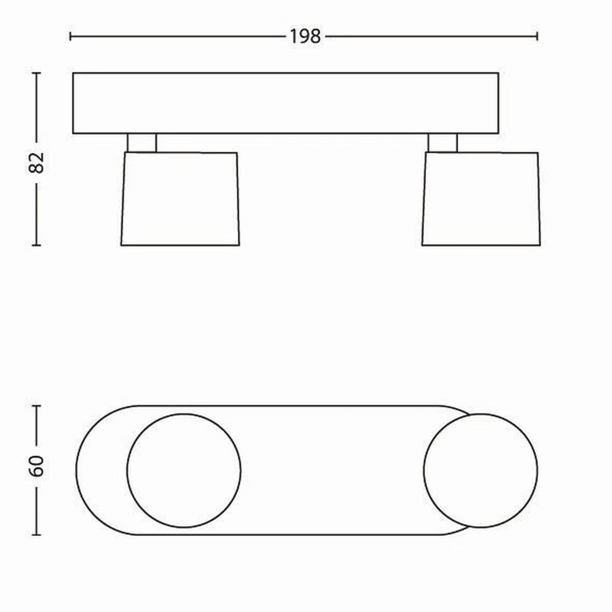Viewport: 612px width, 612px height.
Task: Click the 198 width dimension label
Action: [x=305, y=37]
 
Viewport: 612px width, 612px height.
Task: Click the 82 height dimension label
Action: [x=37, y=163]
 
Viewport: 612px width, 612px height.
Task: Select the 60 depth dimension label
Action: [x=37, y=466]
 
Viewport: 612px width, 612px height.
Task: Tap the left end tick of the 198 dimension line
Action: [x=70, y=37]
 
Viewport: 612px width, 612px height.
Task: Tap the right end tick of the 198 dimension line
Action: [x=537, y=37]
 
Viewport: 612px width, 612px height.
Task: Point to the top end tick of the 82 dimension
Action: [x=37, y=73]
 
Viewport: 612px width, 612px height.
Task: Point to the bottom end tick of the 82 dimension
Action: [x=37, y=245]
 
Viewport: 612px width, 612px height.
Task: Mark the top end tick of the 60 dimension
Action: [x=37, y=406]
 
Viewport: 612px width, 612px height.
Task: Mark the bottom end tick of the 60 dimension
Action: [x=37, y=535]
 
